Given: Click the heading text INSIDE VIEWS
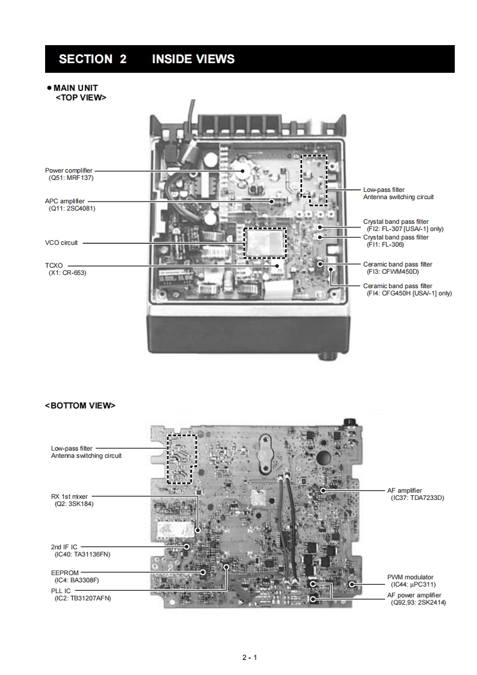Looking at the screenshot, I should click(x=193, y=59).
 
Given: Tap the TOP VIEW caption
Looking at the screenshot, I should click(x=81, y=96).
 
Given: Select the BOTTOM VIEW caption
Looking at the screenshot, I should click(x=80, y=405).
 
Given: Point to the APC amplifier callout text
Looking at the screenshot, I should click(x=65, y=201).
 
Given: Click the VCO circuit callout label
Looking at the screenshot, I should click(x=61, y=243).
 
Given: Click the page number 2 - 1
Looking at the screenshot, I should click(x=250, y=657).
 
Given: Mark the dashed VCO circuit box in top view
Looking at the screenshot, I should click(x=264, y=242).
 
